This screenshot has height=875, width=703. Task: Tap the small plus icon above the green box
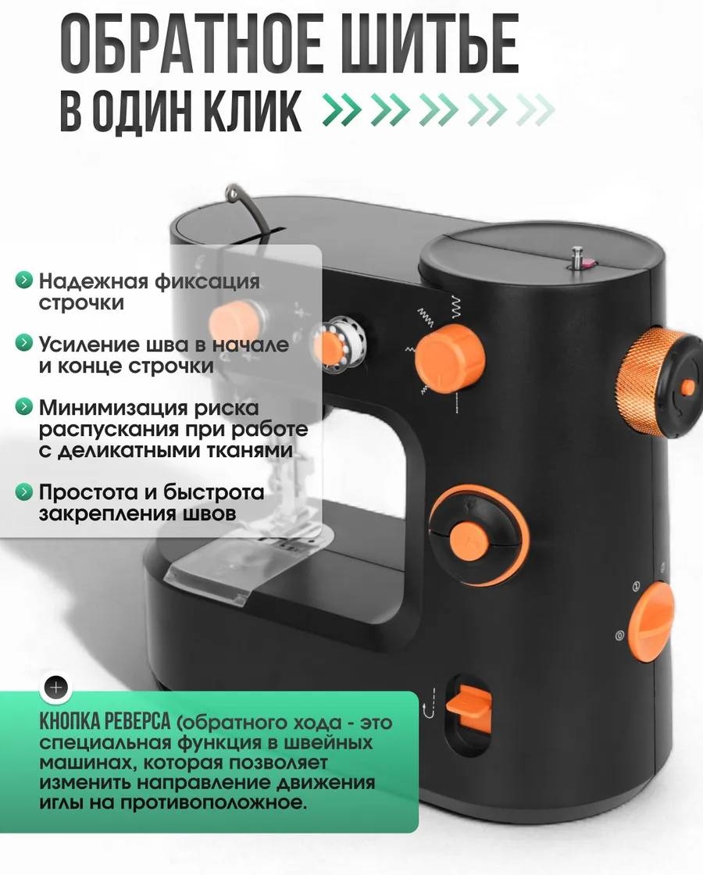[x=56, y=687]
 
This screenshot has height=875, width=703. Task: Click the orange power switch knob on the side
[x=651, y=622]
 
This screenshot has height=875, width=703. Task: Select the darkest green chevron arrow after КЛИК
[x=341, y=109]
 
